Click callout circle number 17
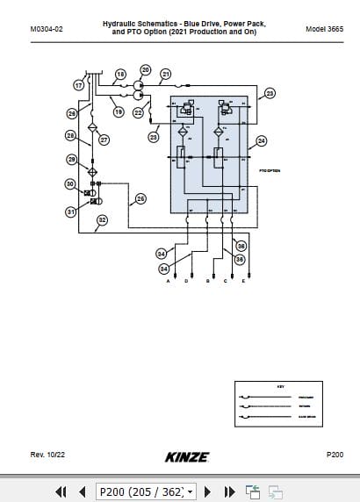coord(78,86)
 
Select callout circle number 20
coord(146,69)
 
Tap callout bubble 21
coord(165,75)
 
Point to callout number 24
coord(261,140)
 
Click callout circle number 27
coord(104,140)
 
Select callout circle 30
coord(69,183)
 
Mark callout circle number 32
coord(102,220)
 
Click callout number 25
coord(140,200)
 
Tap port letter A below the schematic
coord(168,281)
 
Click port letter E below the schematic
coord(243,281)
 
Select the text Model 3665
coord(323,29)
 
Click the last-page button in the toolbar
coord(230,492)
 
